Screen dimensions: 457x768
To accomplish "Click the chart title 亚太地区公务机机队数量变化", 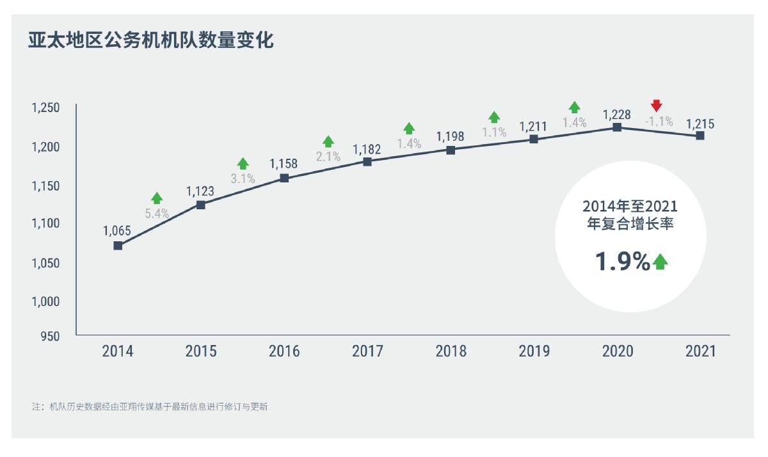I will coord(150,41).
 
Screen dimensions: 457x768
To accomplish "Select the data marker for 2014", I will coord(118,246).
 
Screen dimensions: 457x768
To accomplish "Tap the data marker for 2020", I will coord(617,127).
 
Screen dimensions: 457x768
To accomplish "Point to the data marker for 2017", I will coord(367,162).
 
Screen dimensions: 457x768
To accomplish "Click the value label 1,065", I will coord(117,230).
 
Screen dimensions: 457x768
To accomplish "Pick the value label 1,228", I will coord(617,115).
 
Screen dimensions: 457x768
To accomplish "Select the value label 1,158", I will coord(284,164).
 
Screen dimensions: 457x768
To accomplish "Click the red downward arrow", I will coord(656,106).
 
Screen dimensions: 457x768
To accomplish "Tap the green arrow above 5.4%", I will coord(157,198).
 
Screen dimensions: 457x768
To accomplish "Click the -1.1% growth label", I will coord(659,121).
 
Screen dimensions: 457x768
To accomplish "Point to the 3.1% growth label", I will coord(243,179).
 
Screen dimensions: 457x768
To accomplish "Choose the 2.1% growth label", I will coord(328,157).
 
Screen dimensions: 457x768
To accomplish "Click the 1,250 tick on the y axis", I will coord(45,108).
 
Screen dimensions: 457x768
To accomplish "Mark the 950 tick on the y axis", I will coord(50,337).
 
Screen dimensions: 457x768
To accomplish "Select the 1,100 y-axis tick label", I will coord(45,224).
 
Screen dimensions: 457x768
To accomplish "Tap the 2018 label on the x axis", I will coord(451,351).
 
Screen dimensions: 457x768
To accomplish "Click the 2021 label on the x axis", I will coord(701,351).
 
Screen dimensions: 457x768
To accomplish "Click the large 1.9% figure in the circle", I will coord(622,261).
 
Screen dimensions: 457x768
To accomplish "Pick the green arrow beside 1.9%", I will coord(660,261).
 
